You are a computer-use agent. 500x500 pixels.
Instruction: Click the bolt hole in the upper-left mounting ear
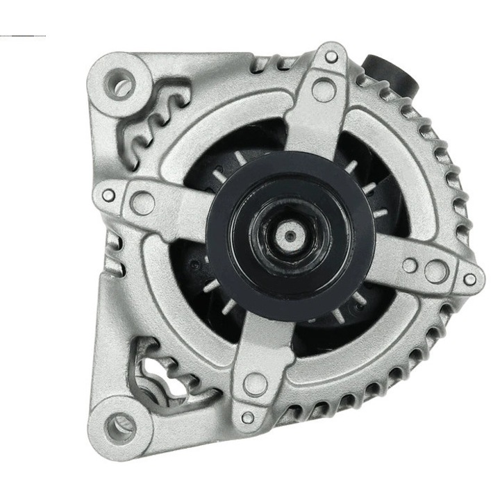[x=122, y=86]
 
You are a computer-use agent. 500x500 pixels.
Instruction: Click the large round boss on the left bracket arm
[x=143, y=203]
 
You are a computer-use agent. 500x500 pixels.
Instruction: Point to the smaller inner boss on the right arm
[x=410, y=265]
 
